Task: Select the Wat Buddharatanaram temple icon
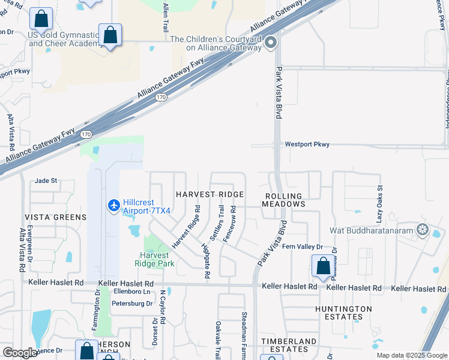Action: [423, 230]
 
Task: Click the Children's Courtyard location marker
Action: [271, 42]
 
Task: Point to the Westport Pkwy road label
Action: [307, 145]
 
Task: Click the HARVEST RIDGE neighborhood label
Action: [209, 194]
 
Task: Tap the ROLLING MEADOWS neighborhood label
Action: [283, 200]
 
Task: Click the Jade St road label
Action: [46, 180]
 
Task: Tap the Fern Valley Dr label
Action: [303, 247]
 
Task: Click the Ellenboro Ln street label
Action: [131, 292]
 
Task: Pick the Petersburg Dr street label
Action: [132, 304]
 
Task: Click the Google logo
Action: [20, 353]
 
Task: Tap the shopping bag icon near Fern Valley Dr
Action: [323, 265]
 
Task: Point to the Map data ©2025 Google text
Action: [411, 355]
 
